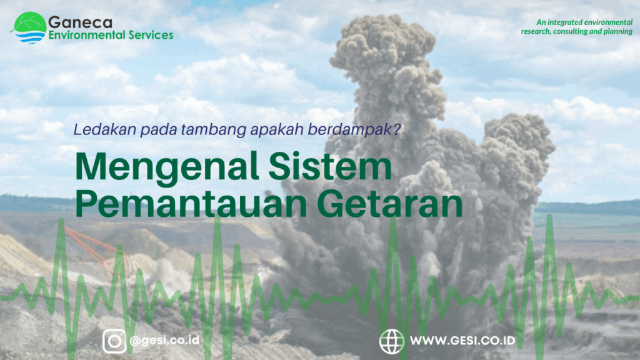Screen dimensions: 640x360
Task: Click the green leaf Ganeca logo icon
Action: point(29,27)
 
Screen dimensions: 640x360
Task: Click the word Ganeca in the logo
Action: point(80,22)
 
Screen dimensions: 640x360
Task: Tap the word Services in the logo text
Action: point(151,35)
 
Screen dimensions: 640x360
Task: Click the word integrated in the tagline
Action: point(565,22)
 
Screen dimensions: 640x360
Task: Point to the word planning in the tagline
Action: point(617,31)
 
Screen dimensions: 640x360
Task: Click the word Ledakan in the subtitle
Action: point(105,129)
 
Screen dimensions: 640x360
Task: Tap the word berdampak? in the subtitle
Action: point(354,130)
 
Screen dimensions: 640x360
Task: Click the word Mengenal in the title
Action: point(167,167)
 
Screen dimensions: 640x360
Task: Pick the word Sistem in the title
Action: point(330,166)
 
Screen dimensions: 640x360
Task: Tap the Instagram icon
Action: point(114,341)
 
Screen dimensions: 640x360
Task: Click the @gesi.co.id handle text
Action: point(164,340)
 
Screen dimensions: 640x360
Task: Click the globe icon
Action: point(392,341)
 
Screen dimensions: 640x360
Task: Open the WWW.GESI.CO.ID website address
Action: point(462,341)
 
